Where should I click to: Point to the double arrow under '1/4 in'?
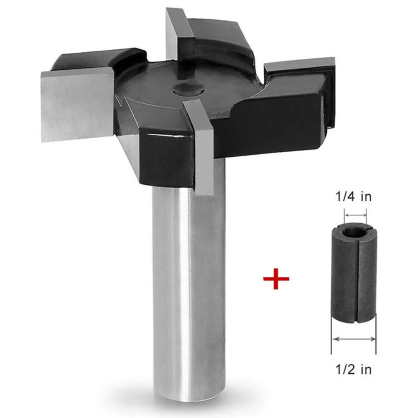355,216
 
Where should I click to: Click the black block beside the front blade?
165,157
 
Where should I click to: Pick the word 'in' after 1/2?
365,370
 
